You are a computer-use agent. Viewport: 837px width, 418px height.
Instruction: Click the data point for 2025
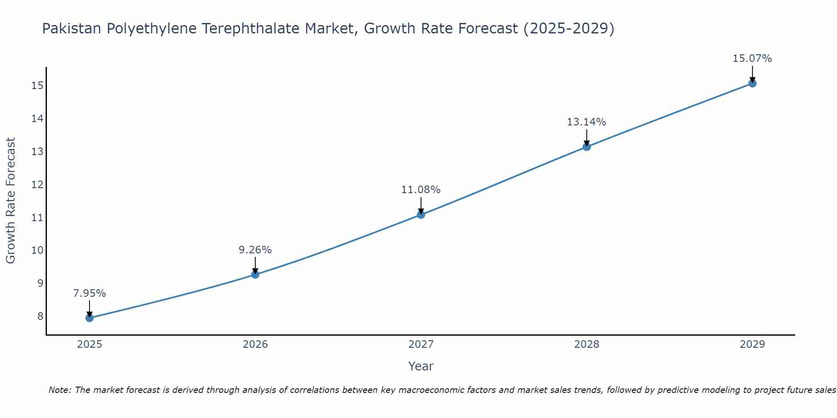(x=90, y=318)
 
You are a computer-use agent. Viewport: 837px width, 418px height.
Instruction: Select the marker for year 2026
(x=255, y=275)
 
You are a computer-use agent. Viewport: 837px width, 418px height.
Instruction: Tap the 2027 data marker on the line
(x=421, y=215)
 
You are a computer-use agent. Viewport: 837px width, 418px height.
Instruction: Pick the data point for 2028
(x=587, y=147)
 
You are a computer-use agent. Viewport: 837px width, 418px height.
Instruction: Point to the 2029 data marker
(x=752, y=83)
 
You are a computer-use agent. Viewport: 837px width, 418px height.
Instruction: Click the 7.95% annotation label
(x=90, y=293)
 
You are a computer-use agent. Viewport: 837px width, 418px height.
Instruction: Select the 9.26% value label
(x=255, y=250)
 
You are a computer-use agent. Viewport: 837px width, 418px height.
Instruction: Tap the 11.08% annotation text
(x=421, y=190)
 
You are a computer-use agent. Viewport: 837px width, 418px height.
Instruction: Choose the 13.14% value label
(x=587, y=122)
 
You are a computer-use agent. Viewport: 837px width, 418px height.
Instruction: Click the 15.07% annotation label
(x=752, y=59)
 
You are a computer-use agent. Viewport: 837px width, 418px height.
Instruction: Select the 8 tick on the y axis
(x=40, y=316)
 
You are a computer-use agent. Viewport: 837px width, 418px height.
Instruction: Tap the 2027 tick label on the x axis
(x=421, y=344)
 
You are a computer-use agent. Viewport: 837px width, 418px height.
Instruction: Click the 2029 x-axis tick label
(x=752, y=344)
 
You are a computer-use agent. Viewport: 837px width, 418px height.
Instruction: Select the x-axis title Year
(x=421, y=366)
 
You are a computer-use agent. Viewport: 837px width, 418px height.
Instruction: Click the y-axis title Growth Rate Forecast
(x=11, y=201)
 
